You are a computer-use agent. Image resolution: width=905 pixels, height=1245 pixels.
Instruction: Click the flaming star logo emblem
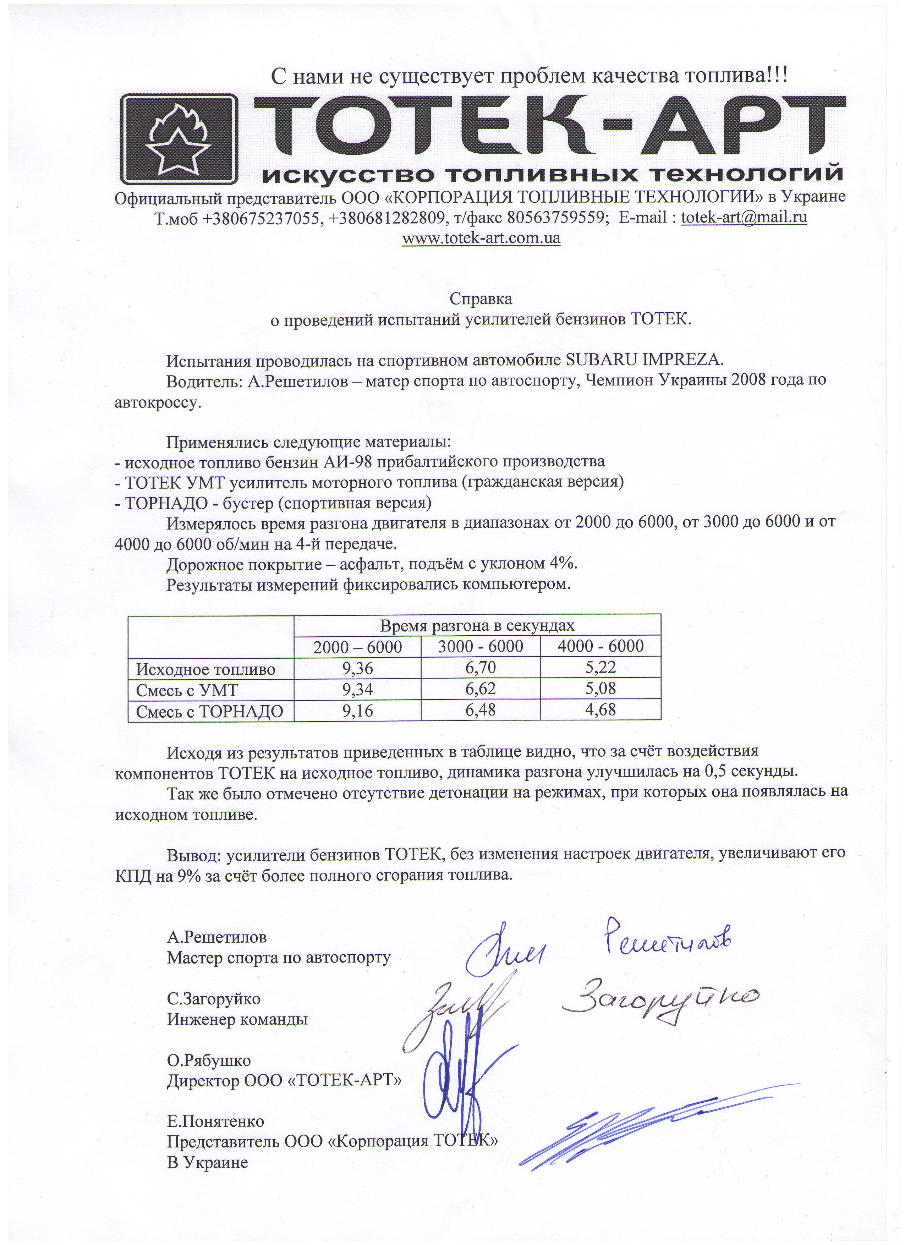pos(179,139)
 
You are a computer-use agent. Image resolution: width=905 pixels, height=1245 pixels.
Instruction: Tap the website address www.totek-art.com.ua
pos(481,238)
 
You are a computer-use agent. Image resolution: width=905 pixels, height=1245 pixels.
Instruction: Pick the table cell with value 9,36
pos(357,668)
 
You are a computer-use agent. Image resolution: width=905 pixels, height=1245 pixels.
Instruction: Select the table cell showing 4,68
pos(600,710)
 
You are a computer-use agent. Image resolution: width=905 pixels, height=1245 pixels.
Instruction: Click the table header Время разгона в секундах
pos(477,625)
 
